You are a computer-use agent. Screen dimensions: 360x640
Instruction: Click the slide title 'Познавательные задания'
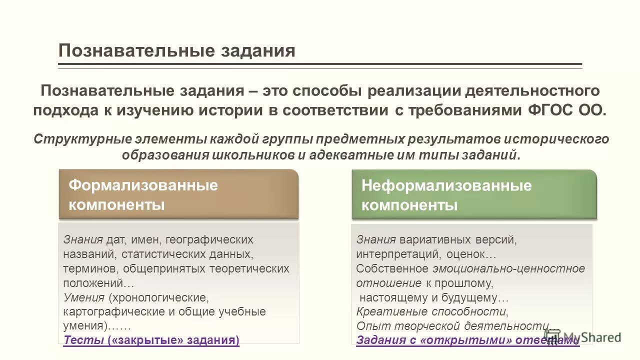176,51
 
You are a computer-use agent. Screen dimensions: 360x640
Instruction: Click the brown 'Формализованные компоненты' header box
178,194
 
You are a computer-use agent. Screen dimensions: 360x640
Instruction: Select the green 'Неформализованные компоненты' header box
474,194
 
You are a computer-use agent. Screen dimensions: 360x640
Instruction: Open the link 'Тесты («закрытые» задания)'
151,340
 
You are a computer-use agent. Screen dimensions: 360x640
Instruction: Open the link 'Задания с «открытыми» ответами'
467,340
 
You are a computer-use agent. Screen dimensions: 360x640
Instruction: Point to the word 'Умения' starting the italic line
83,297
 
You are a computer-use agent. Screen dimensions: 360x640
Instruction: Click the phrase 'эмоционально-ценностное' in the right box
508,268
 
